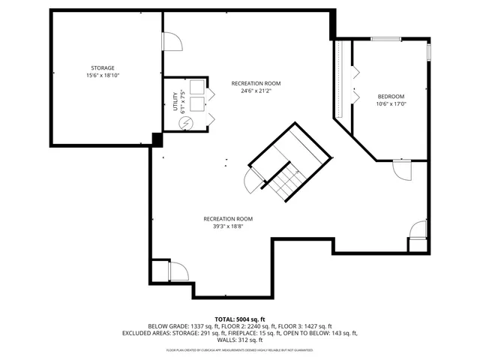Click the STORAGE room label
tap(103, 68)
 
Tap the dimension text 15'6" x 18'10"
tap(103, 76)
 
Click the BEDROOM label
tap(391, 97)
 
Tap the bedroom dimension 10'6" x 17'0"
tap(391, 104)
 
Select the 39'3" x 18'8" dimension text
tap(223, 226)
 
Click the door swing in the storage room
tap(172, 41)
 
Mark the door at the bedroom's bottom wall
tap(402, 171)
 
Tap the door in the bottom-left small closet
tap(178, 271)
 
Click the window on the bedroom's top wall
tap(385, 38)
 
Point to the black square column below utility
tap(157, 139)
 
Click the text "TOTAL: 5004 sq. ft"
tap(240, 319)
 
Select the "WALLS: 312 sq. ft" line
tap(240, 340)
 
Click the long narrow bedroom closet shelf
tap(340, 79)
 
